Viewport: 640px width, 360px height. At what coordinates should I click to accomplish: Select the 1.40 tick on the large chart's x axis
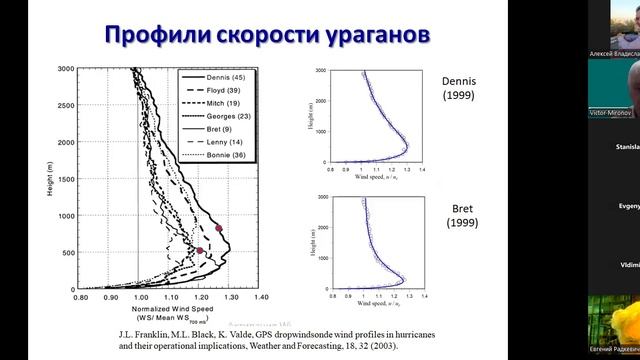[261, 297]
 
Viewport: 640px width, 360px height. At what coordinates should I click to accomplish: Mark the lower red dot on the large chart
[199, 250]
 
